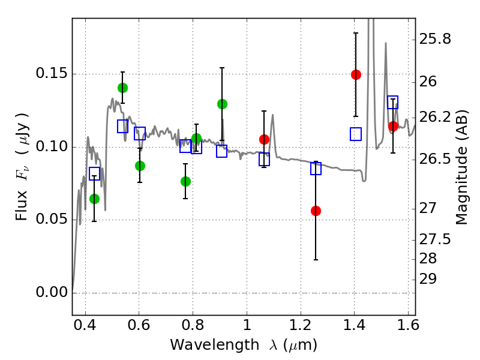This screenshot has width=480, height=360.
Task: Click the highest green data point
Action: [x=122, y=88]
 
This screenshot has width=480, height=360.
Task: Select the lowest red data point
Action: [x=316, y=211]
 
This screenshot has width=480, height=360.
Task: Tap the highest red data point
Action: [x=356, y=74]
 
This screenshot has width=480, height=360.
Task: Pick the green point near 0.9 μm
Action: [x=222, y=104]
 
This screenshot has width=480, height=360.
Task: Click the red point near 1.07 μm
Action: [x=264, y=139]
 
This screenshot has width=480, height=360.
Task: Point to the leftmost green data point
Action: [x=94, y=199]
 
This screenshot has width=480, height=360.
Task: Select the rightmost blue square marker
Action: [x=393, y=102]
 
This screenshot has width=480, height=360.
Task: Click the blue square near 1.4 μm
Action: [x=356, y=134]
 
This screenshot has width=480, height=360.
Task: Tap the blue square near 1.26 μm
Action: [x=316, y=169]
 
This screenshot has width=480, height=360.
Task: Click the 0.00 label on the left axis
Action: [x=52, y=293]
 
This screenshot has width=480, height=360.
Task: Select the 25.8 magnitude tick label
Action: [x=436, y=40]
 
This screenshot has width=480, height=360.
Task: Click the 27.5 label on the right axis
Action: [x=436, y=239]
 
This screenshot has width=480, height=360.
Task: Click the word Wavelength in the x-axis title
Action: [x=204, y=345]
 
